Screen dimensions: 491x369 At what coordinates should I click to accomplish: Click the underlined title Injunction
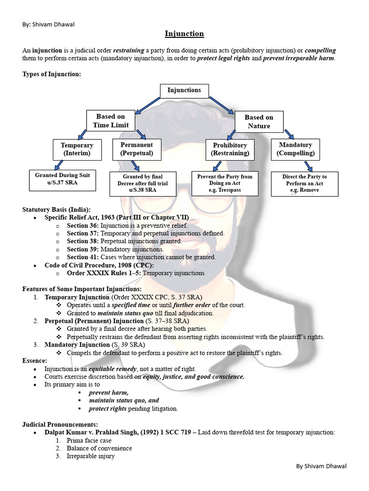[x=184, y=34]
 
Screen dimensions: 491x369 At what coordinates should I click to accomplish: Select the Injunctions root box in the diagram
[x=184, y=91]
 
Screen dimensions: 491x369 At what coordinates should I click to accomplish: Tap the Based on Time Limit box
[x=111, y=121]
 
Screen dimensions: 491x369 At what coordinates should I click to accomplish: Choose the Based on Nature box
[x=259, y=122]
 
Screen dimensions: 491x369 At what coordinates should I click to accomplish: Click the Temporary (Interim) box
[x=77, y=150]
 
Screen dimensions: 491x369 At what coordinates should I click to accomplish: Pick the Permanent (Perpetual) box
[x=136, y=149]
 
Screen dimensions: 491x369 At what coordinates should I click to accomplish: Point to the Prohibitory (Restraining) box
[x=230, y=150]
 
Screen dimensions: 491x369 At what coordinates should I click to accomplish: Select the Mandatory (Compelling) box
[x=295, y=149]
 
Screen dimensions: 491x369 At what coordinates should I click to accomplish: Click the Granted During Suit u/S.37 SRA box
[x=62, y=179]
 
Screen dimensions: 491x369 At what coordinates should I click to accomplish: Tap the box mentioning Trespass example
[x=225, y=183]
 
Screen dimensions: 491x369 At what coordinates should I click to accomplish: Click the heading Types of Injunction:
[x=52, y=74]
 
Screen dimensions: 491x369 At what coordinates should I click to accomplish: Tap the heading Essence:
[x=35, y=361]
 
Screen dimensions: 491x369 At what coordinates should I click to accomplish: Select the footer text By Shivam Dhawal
[x=321, y=466]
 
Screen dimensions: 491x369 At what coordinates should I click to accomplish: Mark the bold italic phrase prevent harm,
[x=109, y=392]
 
